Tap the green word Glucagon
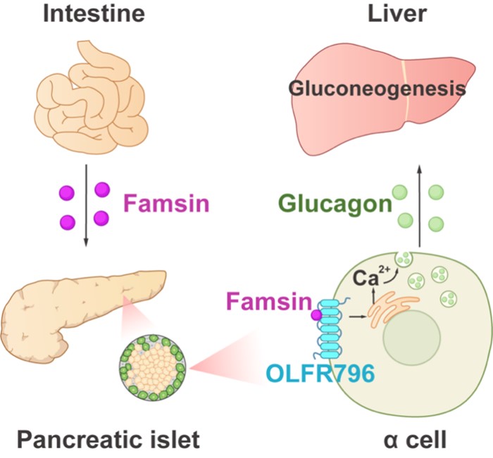(333, 205)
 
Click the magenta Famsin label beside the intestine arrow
(167, 205)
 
